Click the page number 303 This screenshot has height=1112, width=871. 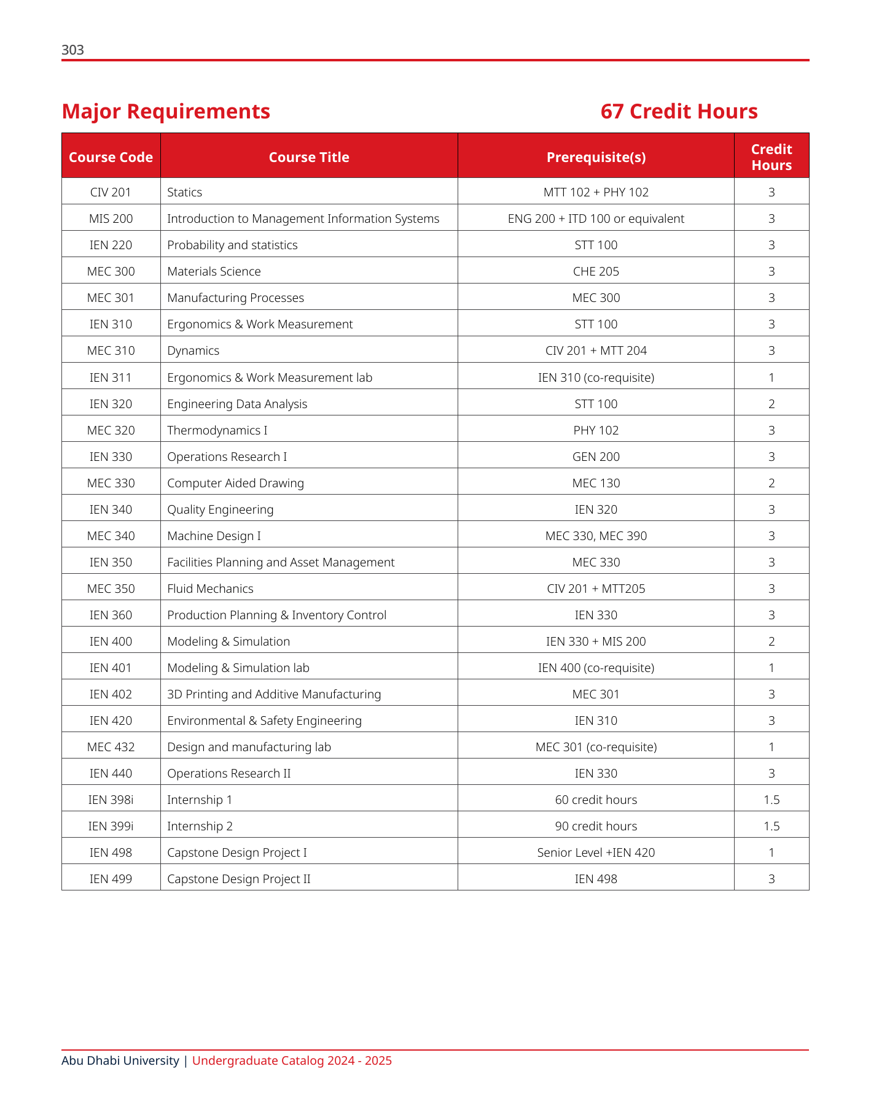pyautogui.click(x=72, y=50)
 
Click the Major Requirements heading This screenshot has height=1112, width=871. pyautogui.click(x=166, y=112)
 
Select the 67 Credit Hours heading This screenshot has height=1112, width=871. pyautogui.click(x=679, y=112)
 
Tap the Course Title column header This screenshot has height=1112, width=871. pyautogui.click(x=309, y=158)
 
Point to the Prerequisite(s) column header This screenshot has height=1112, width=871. pyautogui.click(x=596, y=158)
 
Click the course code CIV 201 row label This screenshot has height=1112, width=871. pyautogui.click(x=111, y=193)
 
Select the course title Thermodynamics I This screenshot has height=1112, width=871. pyautogui.click(x=217, y=431)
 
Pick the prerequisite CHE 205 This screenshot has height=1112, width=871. pyautogui.click(x=596, y=272)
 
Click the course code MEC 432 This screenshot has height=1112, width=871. pyautogui.click(x=111, y=747)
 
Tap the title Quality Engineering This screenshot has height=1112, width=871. pyautogui.click(x=221, y=510)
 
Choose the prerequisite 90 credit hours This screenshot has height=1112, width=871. pyautogui.click(x=596, y=827)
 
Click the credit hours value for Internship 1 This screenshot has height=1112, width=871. pyautogui.click(x=771, y=800)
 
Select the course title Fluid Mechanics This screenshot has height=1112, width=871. pyautogui.click(x=210, y=589)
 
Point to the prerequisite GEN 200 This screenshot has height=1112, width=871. pyautogui.click(x=596, y=457)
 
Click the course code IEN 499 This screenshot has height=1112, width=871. pyautogui.click(x=111, y=879)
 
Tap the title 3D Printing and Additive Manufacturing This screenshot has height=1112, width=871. pyautogui.click(x=274, y=695)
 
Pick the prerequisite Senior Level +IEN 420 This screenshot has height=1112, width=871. pyautogui.click(x=596, y=853)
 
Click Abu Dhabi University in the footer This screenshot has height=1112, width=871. pyautogui.click(x=120, y=1061)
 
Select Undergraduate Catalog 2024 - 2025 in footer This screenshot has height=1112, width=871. pyautogui.click(x=292, y=1061)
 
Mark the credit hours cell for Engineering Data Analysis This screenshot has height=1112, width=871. pyautogui.click(x=771, y=404)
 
